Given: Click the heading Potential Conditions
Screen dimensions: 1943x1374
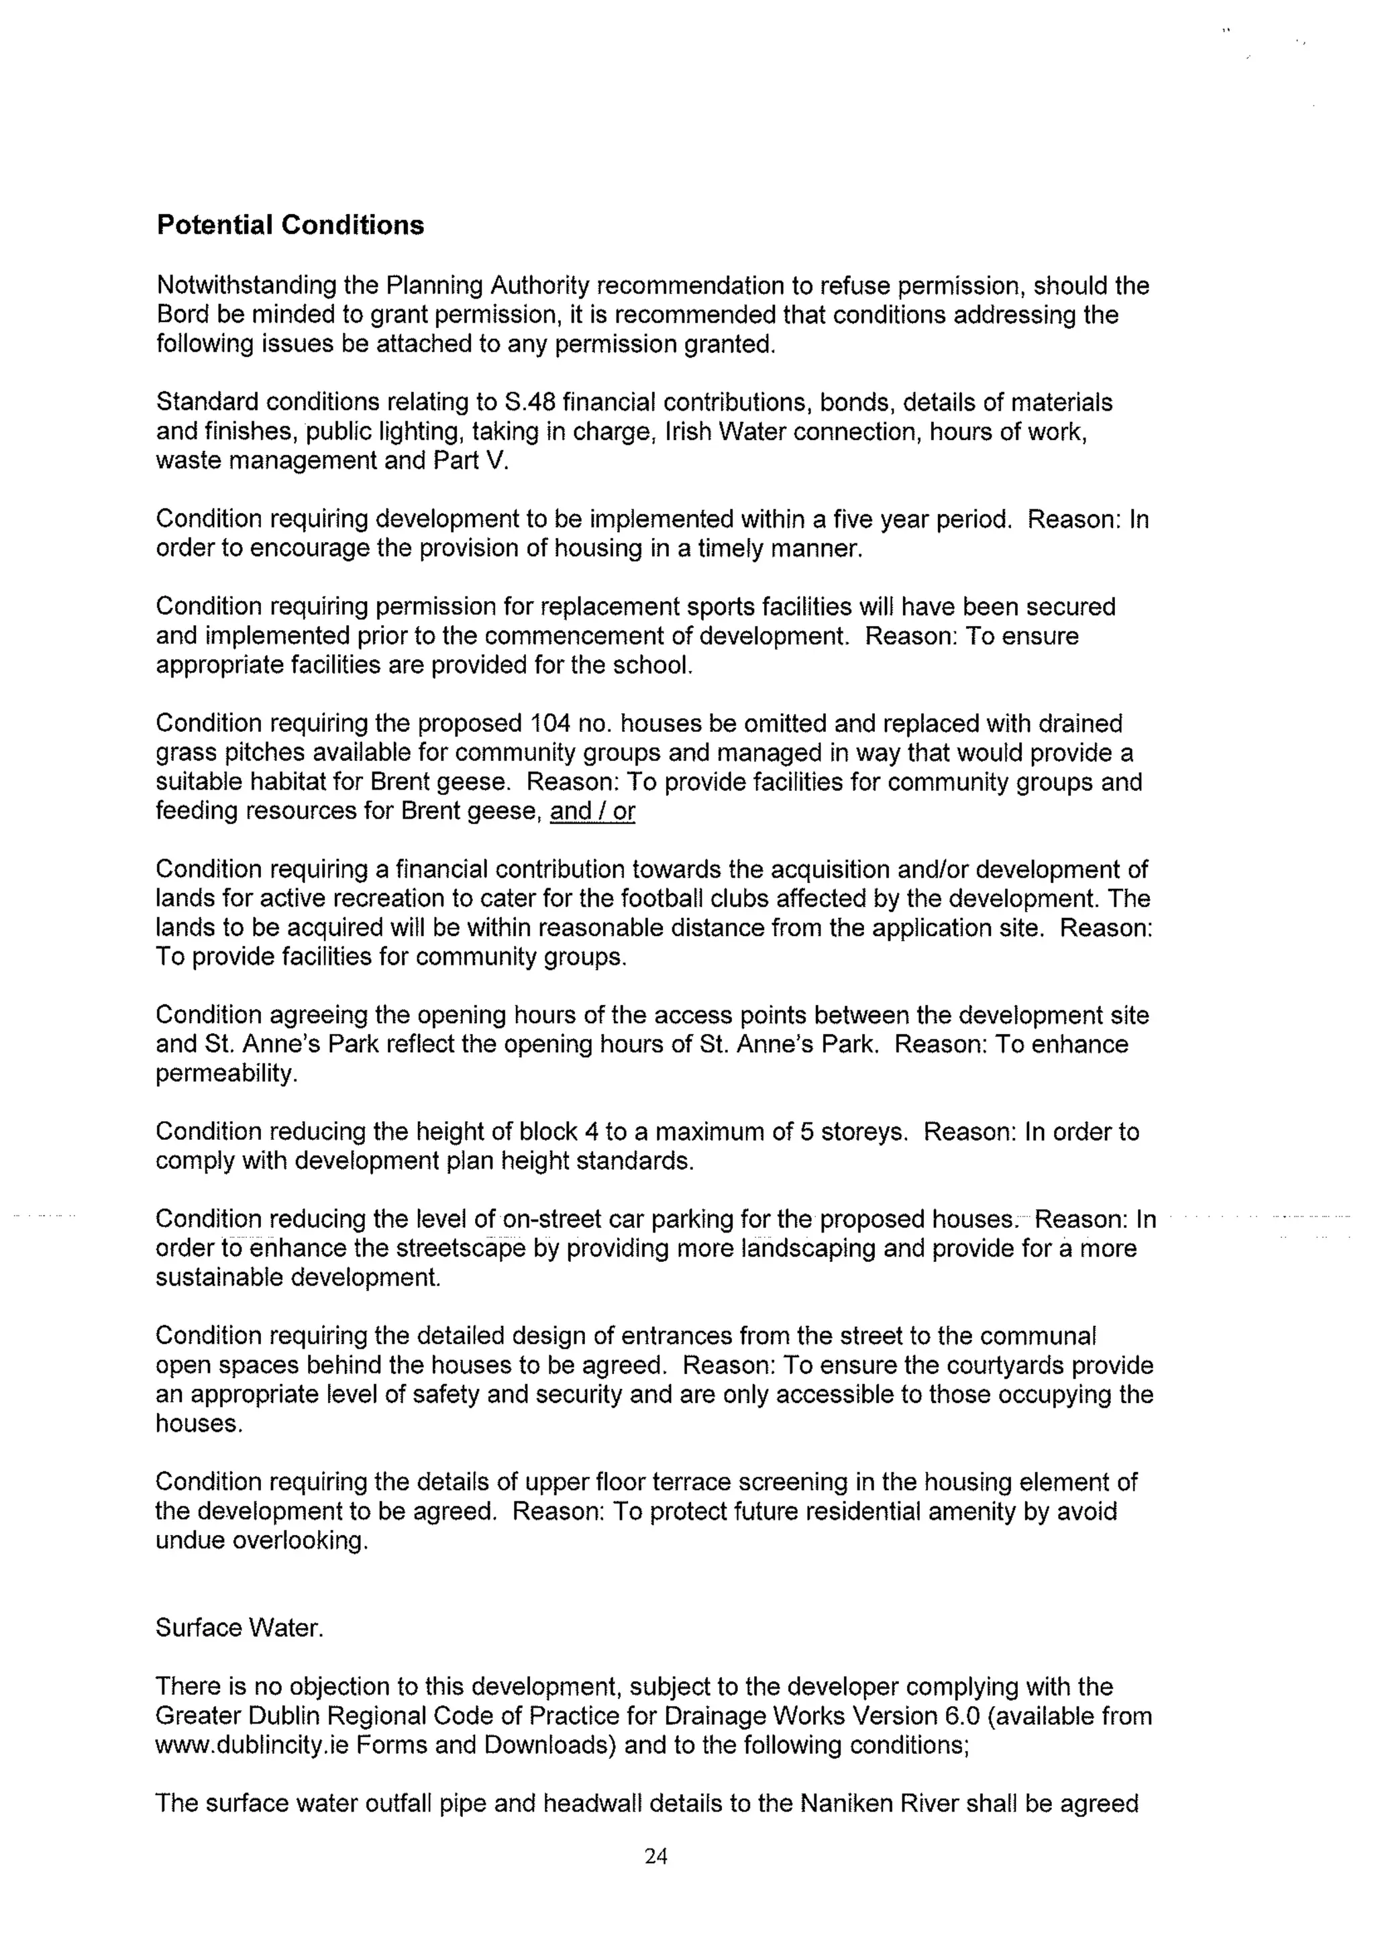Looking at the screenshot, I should (290, 225).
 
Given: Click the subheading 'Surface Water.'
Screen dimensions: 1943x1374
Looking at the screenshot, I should (240, 1628).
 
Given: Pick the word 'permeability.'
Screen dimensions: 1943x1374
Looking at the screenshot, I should (227, 1074).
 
